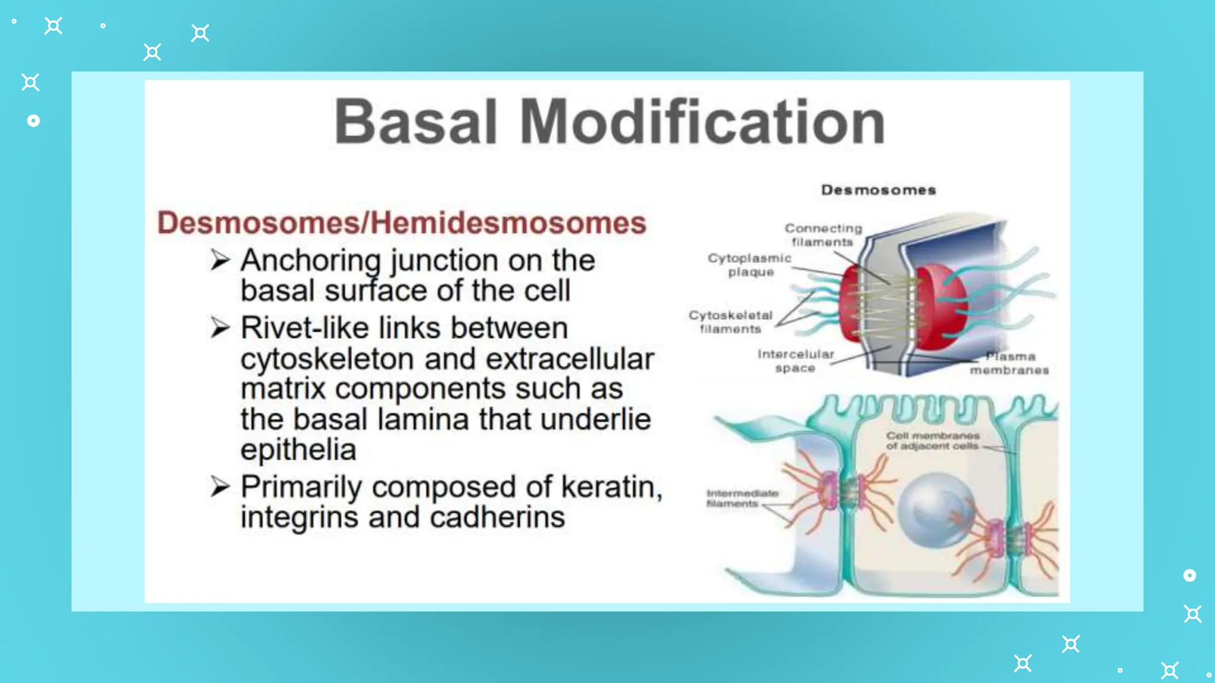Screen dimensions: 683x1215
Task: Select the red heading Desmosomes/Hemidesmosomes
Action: click(402, 223)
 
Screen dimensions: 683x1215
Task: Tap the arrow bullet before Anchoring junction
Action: click(220, 260)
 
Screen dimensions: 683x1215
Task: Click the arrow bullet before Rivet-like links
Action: click(220, 327)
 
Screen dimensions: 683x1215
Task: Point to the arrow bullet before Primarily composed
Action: click(220, 486)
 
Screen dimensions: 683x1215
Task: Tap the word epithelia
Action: click(298, 449)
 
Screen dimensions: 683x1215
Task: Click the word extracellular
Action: click(570, 359)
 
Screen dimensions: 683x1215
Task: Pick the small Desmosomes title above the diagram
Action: click(879, 190)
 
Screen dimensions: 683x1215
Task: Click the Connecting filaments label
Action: click(823, 235)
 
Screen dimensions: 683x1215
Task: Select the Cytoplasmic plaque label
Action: click(750, 265)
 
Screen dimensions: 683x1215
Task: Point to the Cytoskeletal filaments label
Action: click(730, 322)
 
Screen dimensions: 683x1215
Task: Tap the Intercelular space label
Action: click(796, 361)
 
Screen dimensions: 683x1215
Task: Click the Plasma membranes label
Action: click(1009, 363)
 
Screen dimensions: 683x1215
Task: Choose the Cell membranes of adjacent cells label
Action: click(933, 441)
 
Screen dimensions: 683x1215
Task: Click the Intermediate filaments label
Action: click(742, 498)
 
